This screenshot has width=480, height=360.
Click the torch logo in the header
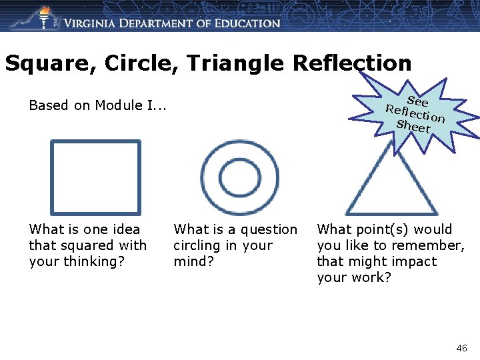[44, 17]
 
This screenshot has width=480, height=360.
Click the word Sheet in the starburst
[413, 126]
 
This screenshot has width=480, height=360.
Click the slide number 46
[461, 348]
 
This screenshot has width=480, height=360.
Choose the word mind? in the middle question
[193, 261]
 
